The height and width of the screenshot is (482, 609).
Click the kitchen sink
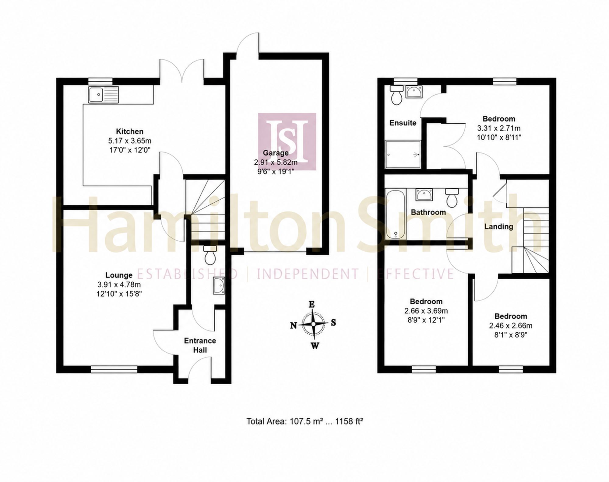(104, 94)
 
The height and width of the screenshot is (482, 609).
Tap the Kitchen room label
(130, 131)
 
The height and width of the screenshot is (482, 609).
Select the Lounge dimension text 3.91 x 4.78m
(119, 285)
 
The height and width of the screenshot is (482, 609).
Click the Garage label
(276, 153)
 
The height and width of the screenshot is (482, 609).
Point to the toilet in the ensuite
(396, 95)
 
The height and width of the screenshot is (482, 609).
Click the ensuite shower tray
(403, 154)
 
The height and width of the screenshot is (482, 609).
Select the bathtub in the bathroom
(396, 214)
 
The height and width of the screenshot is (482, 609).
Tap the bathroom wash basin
(424, 194)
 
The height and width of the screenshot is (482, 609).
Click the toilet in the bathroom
(452, 197)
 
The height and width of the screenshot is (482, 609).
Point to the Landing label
(499, 227)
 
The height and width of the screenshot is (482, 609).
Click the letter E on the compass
(312, 304)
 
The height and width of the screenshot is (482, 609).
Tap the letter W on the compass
(315, 346)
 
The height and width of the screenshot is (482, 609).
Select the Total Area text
(304, 421)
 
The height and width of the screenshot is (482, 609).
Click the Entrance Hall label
(200, 345)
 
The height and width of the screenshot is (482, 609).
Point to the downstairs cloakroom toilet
(210, 255)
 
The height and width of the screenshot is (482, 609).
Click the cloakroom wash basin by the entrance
(219, 285)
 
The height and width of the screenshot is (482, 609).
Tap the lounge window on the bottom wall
(114, 369)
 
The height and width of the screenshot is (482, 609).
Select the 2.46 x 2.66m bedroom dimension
(511, 326)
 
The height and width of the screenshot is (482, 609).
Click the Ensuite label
(403, 123)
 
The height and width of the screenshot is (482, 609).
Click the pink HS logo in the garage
(287, 142)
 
